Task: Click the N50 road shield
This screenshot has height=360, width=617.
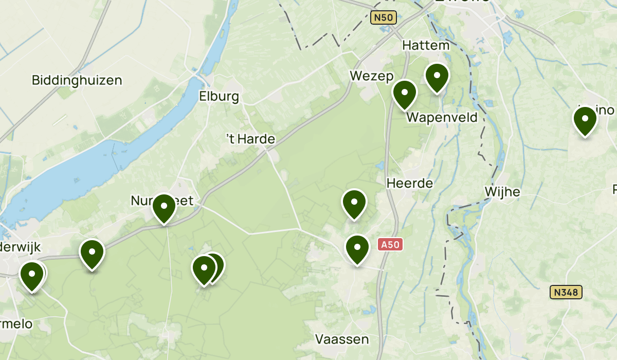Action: (x=383, y=18)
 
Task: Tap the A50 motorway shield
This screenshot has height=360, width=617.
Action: (x=390, y=245)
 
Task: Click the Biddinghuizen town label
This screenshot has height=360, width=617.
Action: (x=77, y=80)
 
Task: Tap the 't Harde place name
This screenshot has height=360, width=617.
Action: (x=251, y=139)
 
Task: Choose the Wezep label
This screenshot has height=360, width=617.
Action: (x=368, y=76)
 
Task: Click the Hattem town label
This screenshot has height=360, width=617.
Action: (x=426, y=45)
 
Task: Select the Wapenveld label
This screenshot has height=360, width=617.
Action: (x=442, y=118)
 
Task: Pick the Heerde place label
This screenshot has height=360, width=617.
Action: (x=410, y=183)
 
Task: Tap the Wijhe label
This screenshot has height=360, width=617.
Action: (x=502, y=192)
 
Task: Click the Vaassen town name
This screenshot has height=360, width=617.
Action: (x=342, y=339)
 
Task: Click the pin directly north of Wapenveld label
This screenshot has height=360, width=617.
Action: (x=437, y=77)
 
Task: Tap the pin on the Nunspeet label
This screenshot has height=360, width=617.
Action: (x=164, y=208)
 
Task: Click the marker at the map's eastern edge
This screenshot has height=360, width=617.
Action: (x=585, y=120)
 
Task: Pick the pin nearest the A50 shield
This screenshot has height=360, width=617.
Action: (x=357, y=249)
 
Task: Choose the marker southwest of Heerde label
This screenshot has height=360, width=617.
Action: (x=354, y=204)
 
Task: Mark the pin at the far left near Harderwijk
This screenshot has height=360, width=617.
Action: (x=31, y=276)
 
